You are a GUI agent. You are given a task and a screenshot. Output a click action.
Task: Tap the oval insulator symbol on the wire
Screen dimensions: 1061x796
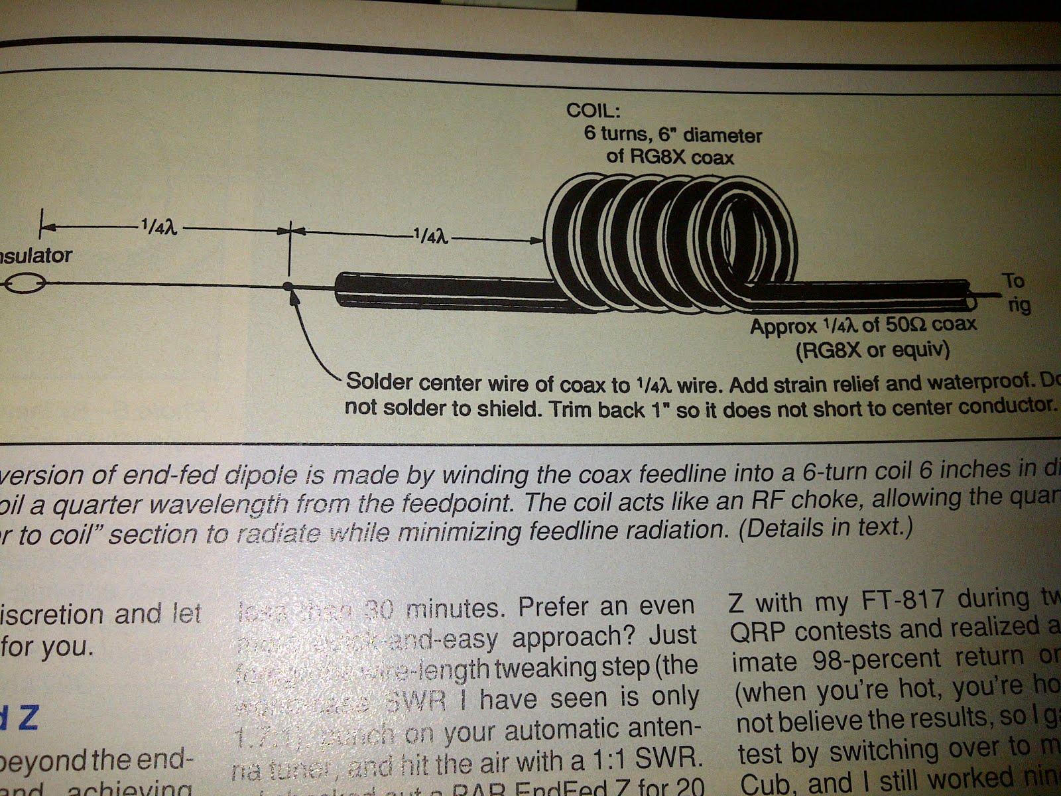click(x=25, y=285)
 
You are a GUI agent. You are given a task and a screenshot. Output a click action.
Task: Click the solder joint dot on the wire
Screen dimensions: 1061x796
click(x=288, y=286)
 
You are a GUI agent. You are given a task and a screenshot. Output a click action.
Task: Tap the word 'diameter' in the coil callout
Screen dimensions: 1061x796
click(x=723, y=136)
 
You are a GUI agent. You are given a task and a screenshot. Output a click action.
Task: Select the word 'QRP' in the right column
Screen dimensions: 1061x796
click(x=759, y=630)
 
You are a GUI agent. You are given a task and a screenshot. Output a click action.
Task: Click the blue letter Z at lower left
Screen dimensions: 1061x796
click(x=27, y=719)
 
